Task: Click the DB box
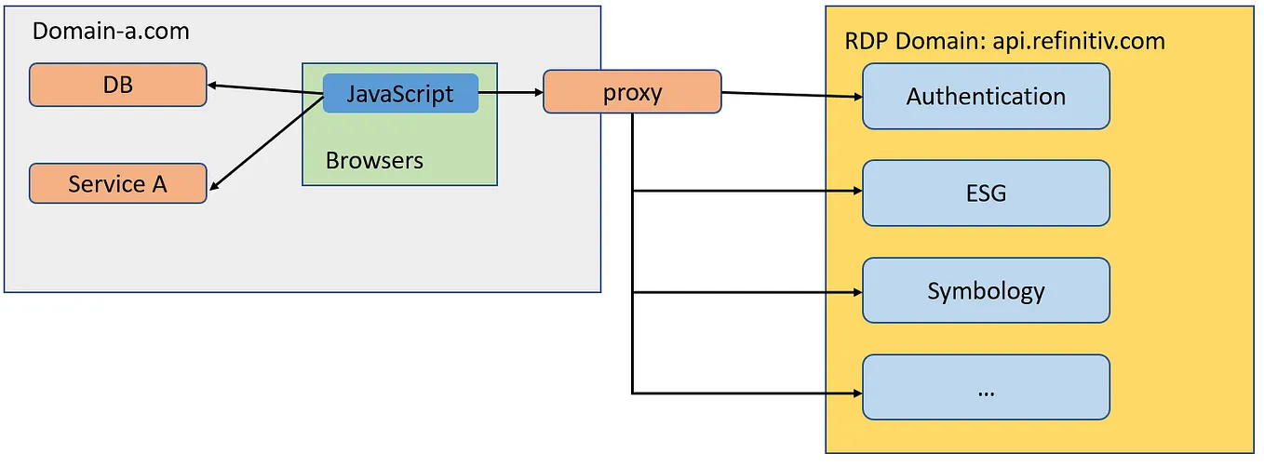117,85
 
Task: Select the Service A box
117,184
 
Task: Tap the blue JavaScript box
400,93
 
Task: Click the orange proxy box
632,92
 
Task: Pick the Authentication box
986,96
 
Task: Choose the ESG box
986,193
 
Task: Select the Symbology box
986,291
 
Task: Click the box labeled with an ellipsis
986,388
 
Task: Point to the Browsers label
374,160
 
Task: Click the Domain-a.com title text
111,31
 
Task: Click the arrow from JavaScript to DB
265,89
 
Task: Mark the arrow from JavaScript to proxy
510,93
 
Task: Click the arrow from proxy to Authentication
791,94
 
